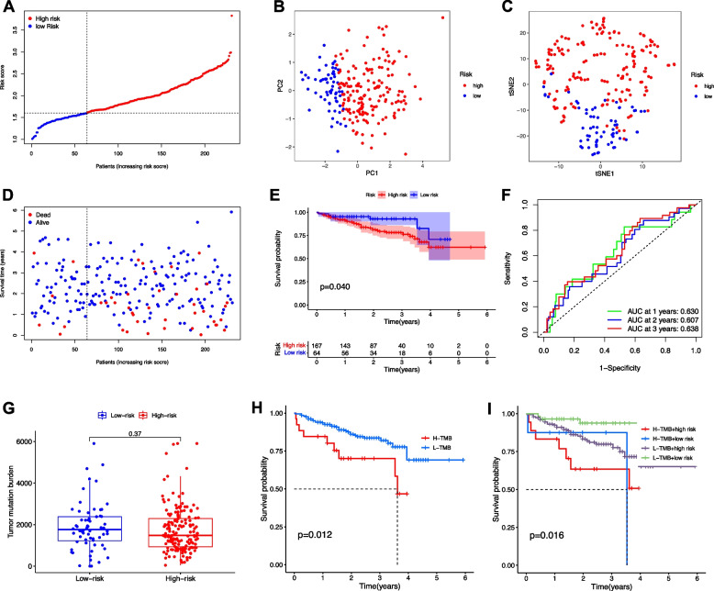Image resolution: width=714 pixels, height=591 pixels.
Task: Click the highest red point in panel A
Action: pos(231,16)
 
